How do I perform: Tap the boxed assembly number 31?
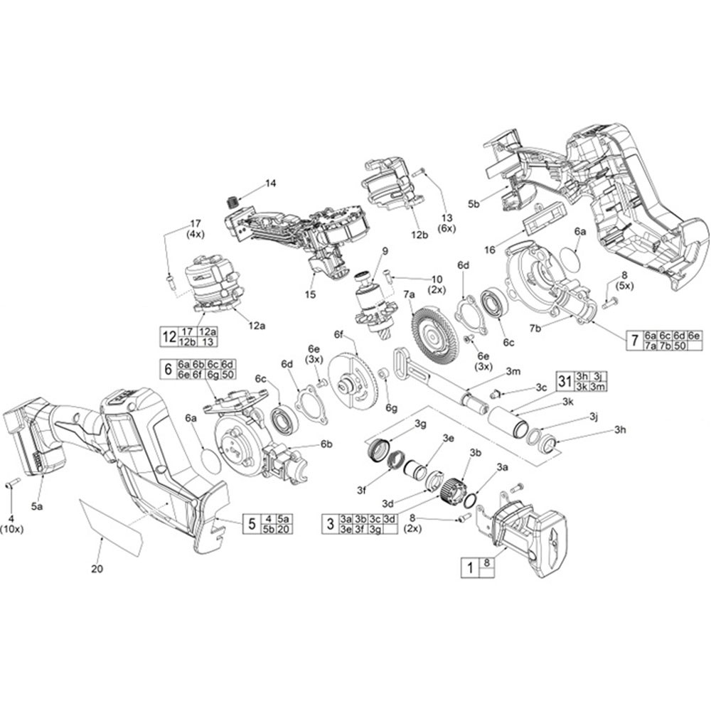tap(565, 382)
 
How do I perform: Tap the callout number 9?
tap(384, 250)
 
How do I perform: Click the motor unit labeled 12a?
tap(210, 284)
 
